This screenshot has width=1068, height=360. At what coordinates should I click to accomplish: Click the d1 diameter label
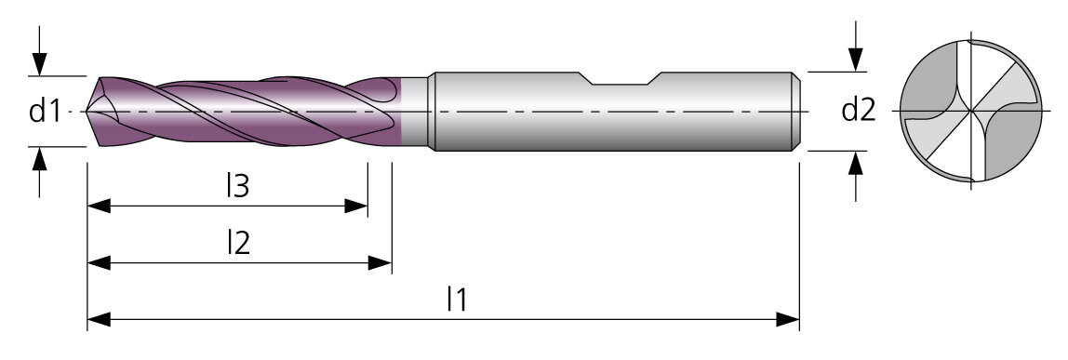coord(46,111)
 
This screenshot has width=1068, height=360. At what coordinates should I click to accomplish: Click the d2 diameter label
coord(858,110)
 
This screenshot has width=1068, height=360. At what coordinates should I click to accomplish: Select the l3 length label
coord(238,186)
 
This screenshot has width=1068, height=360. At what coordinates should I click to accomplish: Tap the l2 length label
coord(238,243)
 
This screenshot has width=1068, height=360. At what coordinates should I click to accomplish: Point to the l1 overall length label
coord(457,300)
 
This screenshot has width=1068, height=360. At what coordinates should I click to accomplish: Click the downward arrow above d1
coord(39,51)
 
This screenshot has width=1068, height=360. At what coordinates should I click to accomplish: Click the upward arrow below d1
coord(39,172)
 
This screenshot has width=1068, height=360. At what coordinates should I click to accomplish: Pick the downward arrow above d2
coord(856,47)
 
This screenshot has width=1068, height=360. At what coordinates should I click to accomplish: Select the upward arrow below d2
coord(856,176)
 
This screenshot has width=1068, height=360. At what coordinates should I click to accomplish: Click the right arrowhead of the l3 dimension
coord(356,206)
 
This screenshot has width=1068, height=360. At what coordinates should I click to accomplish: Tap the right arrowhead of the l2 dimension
coord(380,262)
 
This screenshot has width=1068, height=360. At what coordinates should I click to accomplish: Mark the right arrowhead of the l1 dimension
coord(787,319)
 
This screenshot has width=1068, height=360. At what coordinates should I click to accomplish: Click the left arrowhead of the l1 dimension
coord(99,319)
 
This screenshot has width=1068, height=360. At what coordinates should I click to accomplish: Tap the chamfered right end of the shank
coord(795,111)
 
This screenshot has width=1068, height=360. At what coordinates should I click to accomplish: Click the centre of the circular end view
coord(971,111)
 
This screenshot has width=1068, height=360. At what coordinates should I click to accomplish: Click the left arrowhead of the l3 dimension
coord(99,206)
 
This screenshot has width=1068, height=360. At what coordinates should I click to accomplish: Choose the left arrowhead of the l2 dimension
coord(99,262)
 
